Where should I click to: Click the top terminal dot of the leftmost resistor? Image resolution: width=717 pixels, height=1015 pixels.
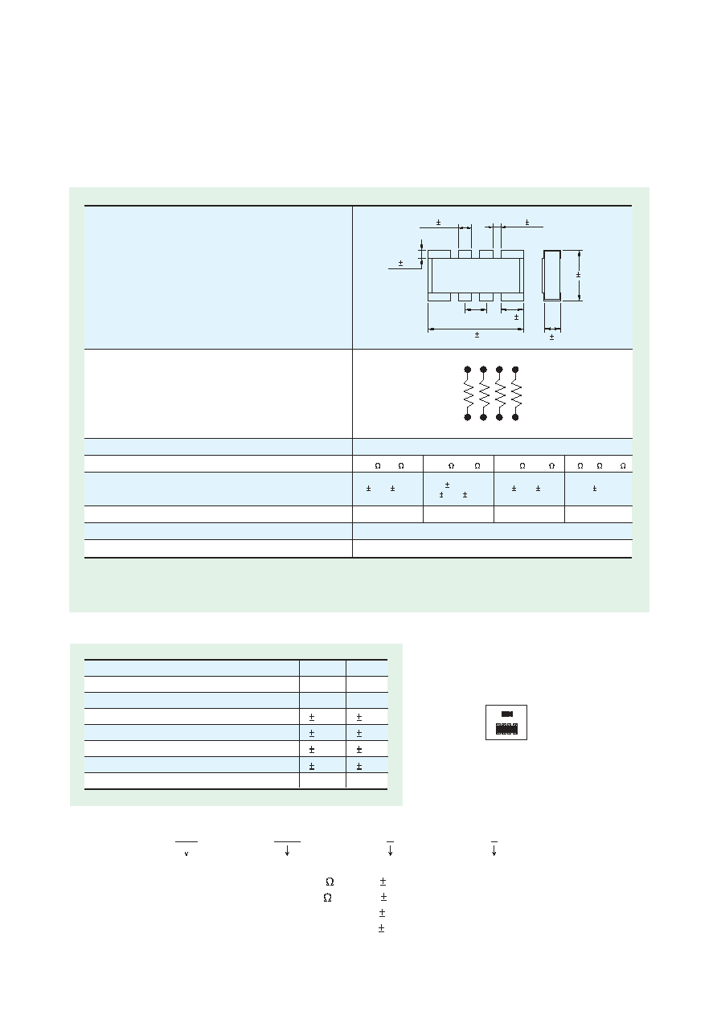pyautogui.click(x=468, y=370)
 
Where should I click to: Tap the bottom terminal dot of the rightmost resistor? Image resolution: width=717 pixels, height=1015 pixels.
pyautogui.click(x=515, y=417)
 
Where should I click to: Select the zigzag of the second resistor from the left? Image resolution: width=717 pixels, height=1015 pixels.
pyautogui.click(x=484, y=393)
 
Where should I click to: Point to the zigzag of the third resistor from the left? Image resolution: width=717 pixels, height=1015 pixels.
pyautogui.click(x=499, y=393)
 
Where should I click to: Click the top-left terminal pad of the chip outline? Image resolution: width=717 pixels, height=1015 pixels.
pyautogui.click(x=439, y=254)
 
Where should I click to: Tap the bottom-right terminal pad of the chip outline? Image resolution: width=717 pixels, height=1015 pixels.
pyautogui.click(x=512, y=297)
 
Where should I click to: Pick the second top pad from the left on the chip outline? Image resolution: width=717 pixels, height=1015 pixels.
pyautogui.click(x=465, y=254)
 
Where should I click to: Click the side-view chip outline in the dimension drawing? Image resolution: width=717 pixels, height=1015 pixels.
pyautogui.click(x=551, y=275)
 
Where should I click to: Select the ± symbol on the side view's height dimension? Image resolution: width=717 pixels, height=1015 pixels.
pyautogui.click(x=578, y=275)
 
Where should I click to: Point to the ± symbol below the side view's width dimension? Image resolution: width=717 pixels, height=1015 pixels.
pyautogui.click(x=551, y=337)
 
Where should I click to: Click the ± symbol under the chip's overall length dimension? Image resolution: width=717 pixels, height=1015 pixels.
pyautogui.click(x=477, y=335)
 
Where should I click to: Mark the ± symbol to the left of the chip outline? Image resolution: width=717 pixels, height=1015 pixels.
pyautogui.click(x=400, y=264)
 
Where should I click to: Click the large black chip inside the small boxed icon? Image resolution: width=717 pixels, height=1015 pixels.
pyautogui.click(x=506, y=729)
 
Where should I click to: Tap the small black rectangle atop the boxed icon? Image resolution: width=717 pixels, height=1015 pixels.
pyautogui.click(x=506, y=714)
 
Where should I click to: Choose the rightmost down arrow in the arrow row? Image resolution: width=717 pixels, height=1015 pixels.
pyautogui.click(x=494, y=850)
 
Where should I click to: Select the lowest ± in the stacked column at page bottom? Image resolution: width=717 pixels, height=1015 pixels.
pyautogui.click(x=381, y=929)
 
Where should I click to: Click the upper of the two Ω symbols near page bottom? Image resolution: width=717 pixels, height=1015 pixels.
pyautogui.click(x=330, y=882)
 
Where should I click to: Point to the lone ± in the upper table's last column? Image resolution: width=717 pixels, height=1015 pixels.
pyautogui.click(x=595, y=489)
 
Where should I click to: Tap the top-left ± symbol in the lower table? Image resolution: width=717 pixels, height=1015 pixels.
pyautogui.click(x=312, y=718)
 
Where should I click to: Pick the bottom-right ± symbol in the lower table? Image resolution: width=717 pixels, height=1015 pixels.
pyautogui.click(x=359, y=766)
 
